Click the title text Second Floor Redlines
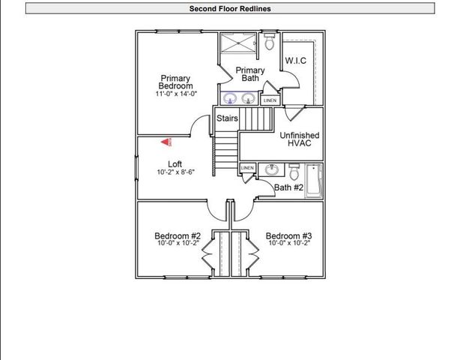[229, 9]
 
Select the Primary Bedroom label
[175, 82]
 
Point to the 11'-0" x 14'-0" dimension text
[176, 94]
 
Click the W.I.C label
[296, 60]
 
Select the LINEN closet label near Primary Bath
[270, 100]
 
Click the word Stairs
[227, 118]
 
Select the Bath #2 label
[288, 187]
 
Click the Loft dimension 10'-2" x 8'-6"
[176, 172]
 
